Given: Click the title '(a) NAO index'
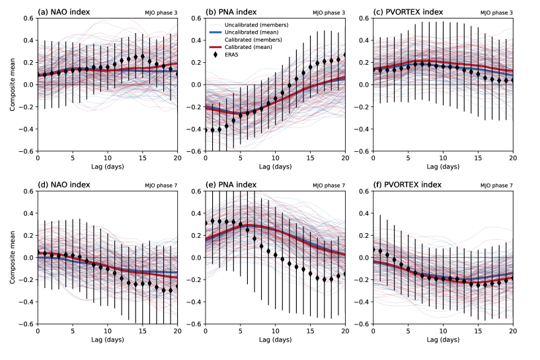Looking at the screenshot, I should [65, 11].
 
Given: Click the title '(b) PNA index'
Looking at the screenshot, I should [233, 11].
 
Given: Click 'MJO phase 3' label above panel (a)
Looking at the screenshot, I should [162, 13].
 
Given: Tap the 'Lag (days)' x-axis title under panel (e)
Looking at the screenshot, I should [276, 342].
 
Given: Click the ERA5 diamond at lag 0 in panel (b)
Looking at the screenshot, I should [206, 129].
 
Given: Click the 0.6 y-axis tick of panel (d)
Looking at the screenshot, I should [28, 192].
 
